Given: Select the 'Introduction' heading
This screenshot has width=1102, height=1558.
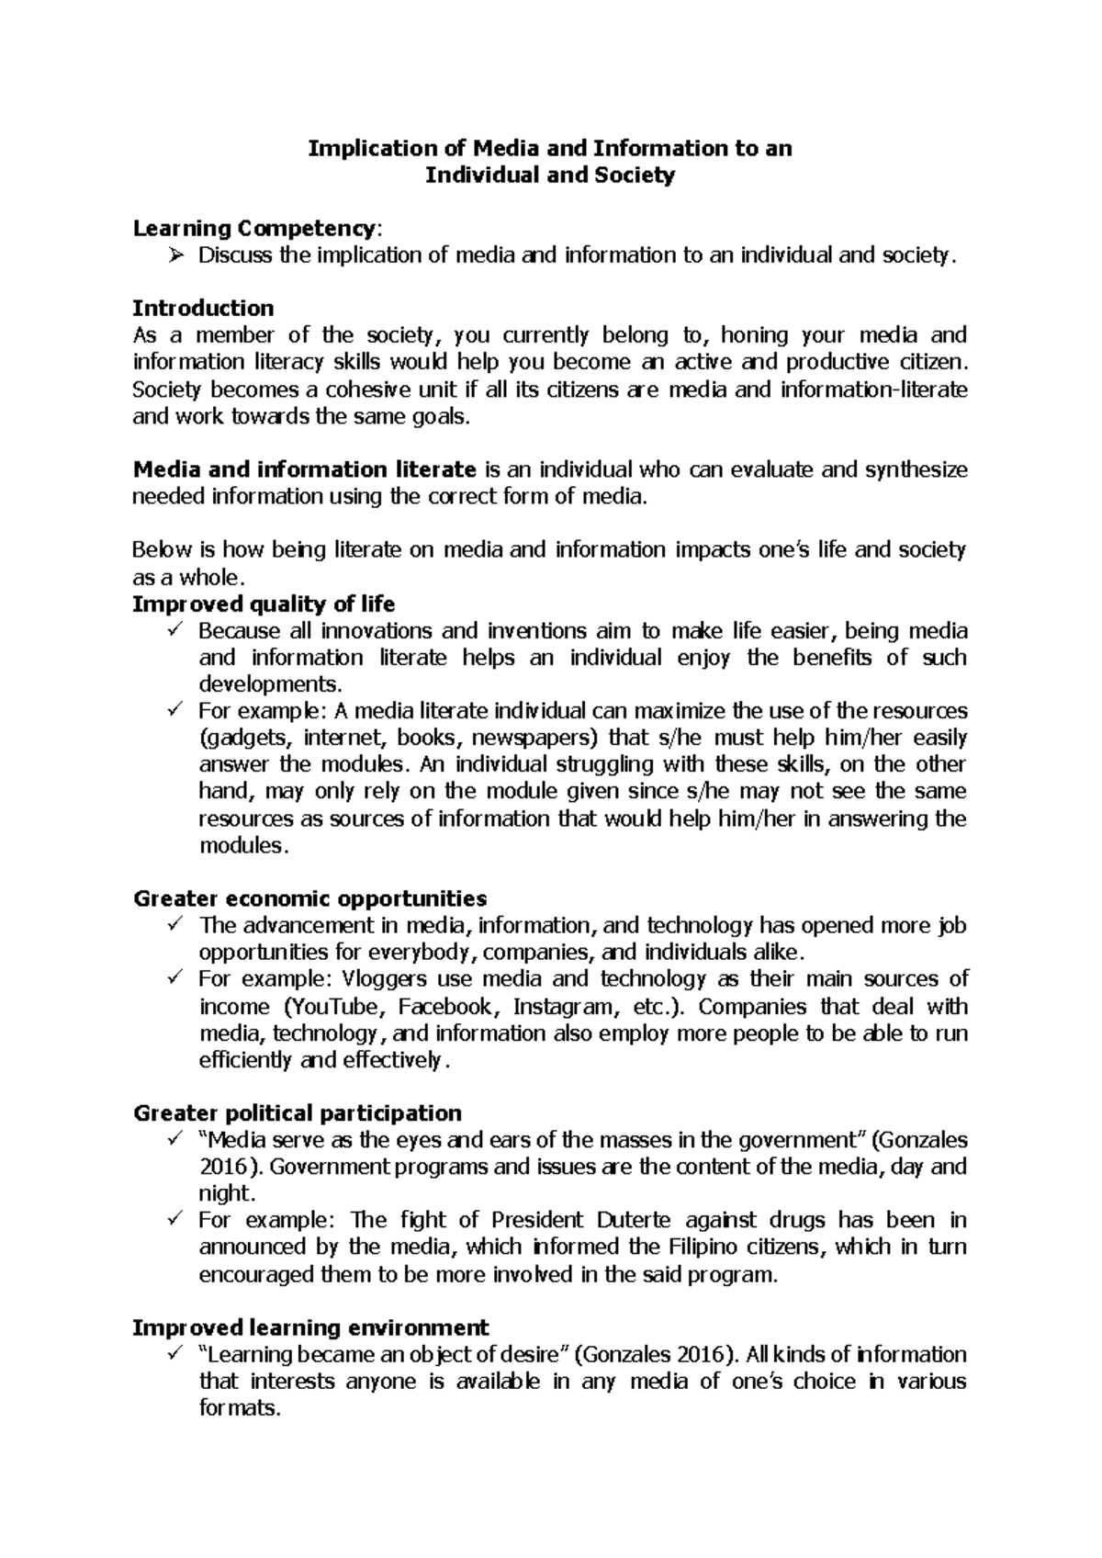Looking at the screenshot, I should tap(203, 308).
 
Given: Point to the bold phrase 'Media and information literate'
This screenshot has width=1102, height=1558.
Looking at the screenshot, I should tap(304, 470).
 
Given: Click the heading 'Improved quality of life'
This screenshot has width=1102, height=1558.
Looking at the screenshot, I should tap(264, 604).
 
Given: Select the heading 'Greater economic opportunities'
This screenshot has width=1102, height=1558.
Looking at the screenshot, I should tap(310, 898).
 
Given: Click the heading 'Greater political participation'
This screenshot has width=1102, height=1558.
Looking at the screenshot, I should tap(298, 1114).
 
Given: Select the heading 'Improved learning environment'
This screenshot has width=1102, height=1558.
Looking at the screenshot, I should tap(311, 1328).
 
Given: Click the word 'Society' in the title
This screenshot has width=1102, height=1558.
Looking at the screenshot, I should tap(632, 175).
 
